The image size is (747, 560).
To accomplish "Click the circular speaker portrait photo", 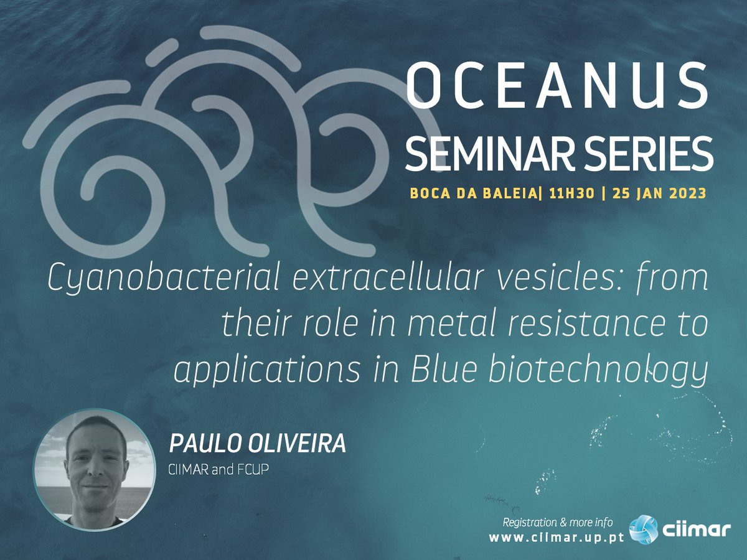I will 95,470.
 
